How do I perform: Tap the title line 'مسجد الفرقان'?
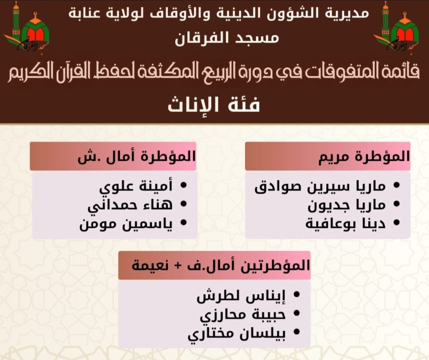coord(227,38)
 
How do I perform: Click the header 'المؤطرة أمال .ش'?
coord(137,156)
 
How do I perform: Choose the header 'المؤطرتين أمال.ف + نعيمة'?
coord(221,265)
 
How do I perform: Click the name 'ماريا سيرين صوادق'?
coord(320,186)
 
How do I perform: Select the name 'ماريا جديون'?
coord(346,205)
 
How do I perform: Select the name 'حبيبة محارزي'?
coord(243,314)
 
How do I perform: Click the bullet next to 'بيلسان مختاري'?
coord(296,332)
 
